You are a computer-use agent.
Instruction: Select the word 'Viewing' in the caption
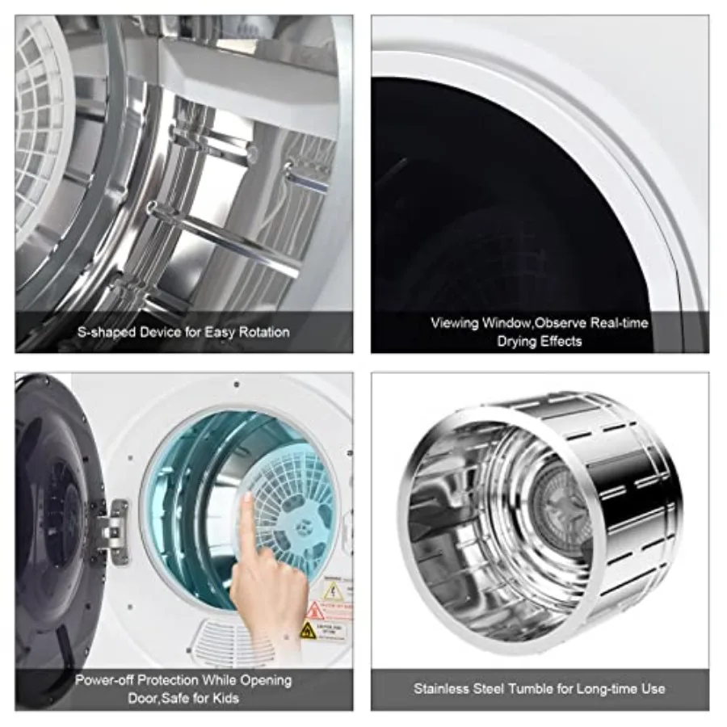pos(455,323)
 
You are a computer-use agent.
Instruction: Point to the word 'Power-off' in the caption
pos(105,679)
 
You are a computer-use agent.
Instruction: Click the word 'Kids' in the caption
pos(225,697)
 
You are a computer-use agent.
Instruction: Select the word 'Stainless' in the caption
pos(441,689)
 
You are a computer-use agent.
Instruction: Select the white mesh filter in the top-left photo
pos(40,121)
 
